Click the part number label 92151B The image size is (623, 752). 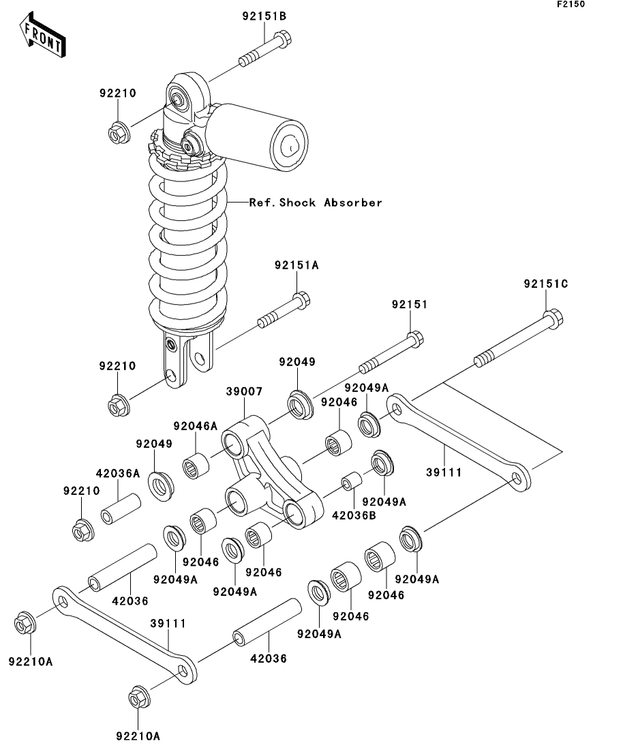point(264,16)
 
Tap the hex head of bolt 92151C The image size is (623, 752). point(553,319)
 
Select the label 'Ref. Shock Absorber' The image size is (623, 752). point(316,202)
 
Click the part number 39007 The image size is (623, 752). point(245,391)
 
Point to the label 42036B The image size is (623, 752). point(354,515)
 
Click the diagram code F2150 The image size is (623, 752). point(571,4)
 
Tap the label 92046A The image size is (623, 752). point(196,426)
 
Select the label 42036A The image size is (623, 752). point(118,474)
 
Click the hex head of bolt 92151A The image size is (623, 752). point(302,300)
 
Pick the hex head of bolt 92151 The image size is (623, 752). point(415,340)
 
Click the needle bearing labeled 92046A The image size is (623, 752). point(196,465)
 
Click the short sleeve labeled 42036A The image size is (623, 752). point(121,509)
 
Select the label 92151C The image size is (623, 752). point(546,284)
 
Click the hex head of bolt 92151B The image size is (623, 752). point(283,39)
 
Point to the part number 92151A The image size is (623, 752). point(297,265)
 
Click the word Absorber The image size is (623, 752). point(354,202)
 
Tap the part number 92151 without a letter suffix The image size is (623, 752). point(410,305)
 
